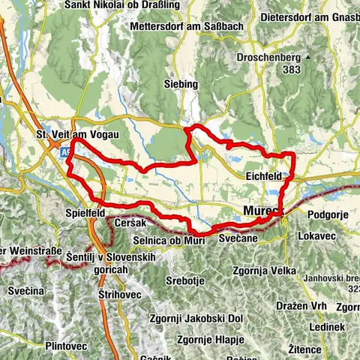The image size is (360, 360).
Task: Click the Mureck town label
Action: [x=262, y=212]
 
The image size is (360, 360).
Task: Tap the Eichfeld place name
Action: [x=263, y=177]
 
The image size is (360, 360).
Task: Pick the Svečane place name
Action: [x=239, y=237]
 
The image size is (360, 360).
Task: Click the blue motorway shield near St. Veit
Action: [x=66, y=152]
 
